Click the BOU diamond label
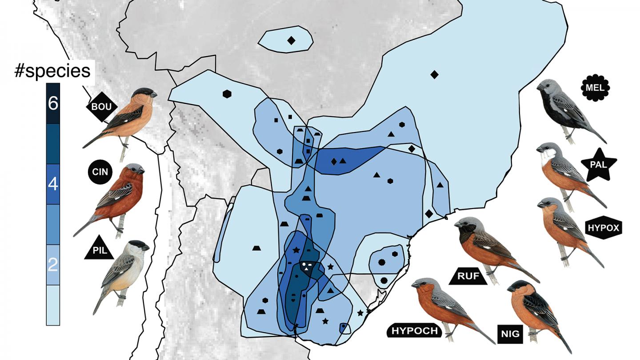102,107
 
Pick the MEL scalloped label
595,88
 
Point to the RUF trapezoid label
469,276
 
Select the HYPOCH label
415,330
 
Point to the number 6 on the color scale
53,104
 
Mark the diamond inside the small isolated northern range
291,40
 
